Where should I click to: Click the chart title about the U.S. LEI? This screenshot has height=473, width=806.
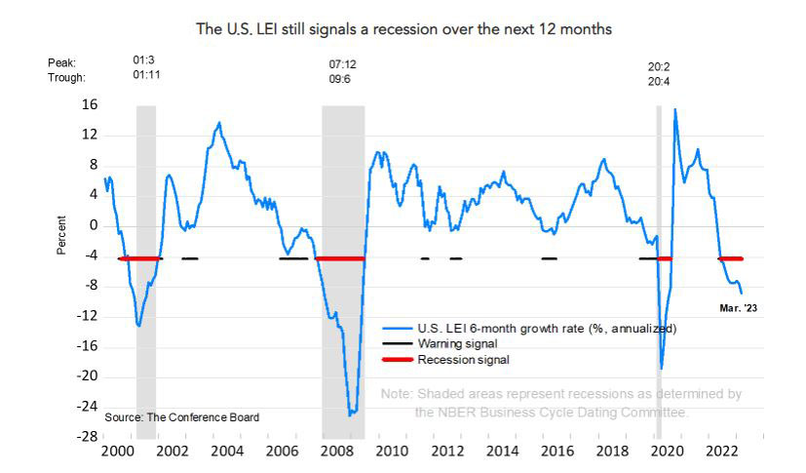point(403,29)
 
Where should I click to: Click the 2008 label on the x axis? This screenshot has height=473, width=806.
point(336,453)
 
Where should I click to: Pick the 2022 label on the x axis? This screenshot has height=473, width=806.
point(722,453)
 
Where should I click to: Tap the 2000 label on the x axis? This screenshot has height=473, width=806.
point(117,453)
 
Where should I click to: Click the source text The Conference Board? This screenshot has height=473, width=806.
point(182,417)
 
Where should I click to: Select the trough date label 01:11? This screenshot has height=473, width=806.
point(146,76)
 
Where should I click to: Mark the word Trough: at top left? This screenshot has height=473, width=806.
point(66,77)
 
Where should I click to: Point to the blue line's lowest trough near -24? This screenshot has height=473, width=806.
point(351,414)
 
